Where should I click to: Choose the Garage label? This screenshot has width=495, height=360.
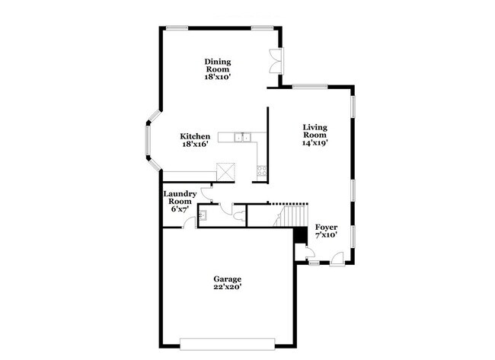click(227, 279)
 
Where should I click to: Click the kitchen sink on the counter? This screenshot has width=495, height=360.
click(243, 137)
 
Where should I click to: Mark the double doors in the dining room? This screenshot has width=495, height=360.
click(276, 62)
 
